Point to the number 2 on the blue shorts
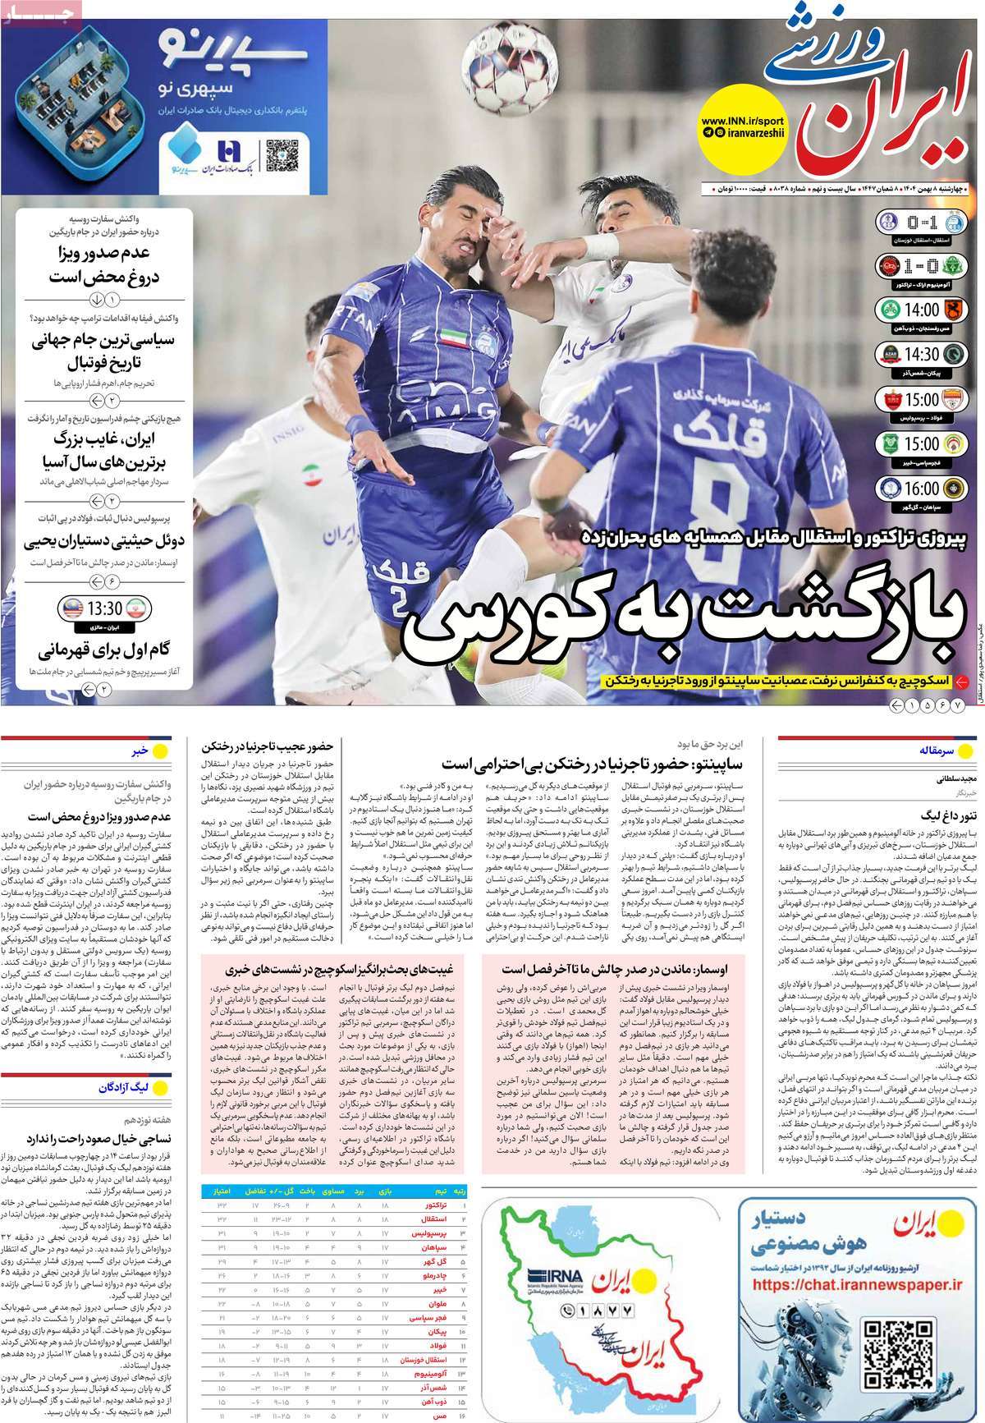pos(396,603)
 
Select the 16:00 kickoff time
pos(919,488)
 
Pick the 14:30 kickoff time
pos(919,355)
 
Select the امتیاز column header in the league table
pos(221,1190)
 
